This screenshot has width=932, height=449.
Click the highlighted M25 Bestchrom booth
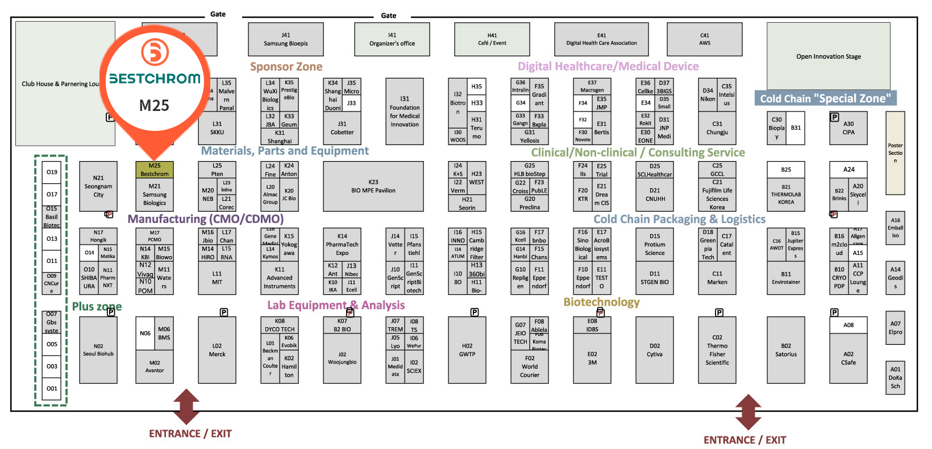[154, 170]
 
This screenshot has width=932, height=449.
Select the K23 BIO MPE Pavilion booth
[373, 186]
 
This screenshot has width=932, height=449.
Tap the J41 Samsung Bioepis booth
[285, 39]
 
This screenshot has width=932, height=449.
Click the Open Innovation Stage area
[828, 56]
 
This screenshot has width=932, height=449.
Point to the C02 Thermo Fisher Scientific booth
[717, 350]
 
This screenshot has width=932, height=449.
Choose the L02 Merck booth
[217, 350]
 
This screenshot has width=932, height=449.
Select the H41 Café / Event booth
[492, 39]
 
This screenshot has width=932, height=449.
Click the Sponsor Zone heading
[286, 67]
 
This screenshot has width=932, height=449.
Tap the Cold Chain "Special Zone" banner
[825, 98]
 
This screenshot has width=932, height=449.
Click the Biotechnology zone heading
[601, 302]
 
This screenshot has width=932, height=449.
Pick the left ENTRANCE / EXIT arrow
[186, 406]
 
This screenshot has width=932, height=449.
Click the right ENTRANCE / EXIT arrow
[748, 412]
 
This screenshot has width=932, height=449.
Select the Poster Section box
[894, 153]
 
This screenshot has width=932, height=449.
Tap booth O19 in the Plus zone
[52, 172]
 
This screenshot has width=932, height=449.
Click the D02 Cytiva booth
[654, 350]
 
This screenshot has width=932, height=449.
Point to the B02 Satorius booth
[785, 350]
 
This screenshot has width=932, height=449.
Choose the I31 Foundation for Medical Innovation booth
[404, 112]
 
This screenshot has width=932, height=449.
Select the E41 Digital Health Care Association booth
[601, 39]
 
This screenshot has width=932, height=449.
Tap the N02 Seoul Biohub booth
[98, 350]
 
